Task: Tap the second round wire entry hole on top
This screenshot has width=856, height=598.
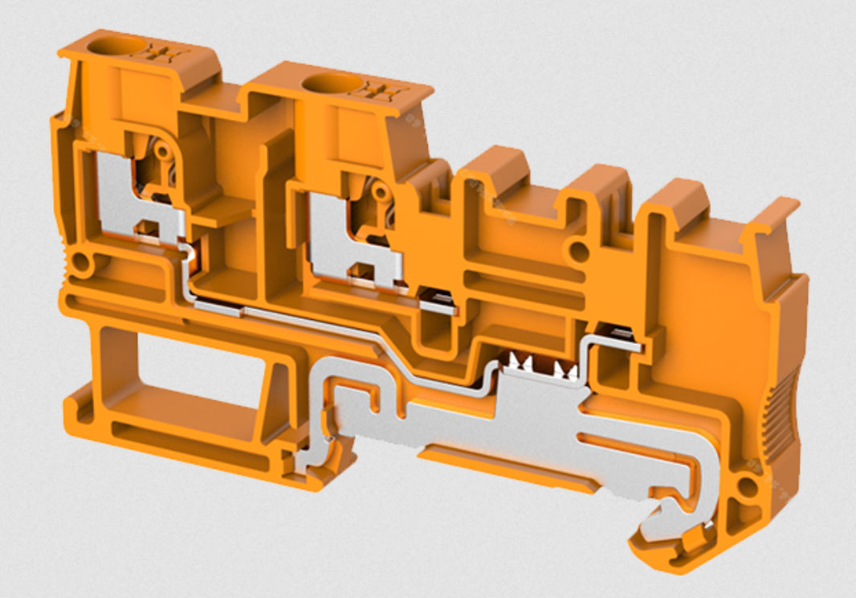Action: pyautogui.click(x=327, y=82)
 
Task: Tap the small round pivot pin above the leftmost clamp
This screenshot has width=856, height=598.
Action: pyautogui.click(x=163, y=150)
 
